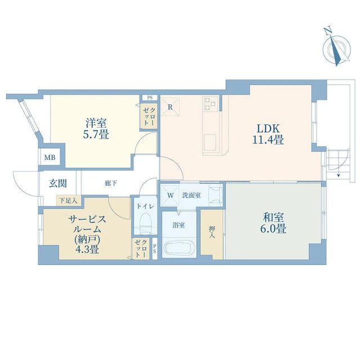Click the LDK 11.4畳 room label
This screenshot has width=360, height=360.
268,134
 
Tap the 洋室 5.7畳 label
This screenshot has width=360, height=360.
96,129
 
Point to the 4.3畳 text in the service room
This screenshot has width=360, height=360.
87,249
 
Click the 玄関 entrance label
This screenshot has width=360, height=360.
58,183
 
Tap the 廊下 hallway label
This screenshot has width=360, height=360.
111,183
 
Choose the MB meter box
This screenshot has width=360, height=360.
50,157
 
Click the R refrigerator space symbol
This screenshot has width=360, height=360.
170,107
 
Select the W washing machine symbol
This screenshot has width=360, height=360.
170,195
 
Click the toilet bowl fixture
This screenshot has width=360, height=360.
145,223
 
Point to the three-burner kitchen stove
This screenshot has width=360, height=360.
211,103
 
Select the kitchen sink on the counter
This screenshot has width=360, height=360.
210,142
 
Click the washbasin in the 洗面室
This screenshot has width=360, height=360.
215,195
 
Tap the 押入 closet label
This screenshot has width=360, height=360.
212,232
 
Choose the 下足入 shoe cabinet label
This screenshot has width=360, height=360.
68,201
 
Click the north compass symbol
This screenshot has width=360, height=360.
336,48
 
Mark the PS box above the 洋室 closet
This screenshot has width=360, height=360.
150,97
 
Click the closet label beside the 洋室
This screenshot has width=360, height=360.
149,116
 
